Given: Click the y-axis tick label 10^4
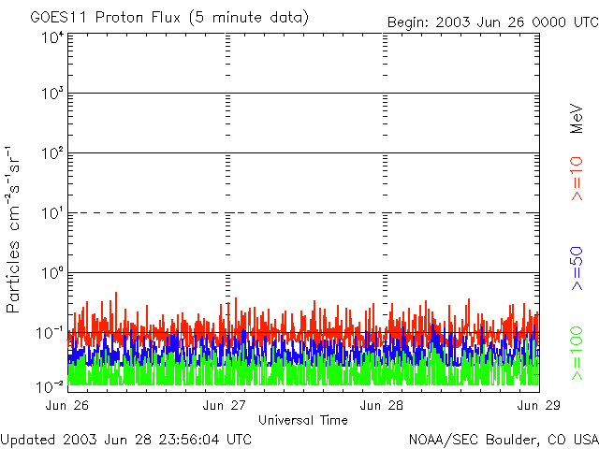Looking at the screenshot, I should click(52, 36).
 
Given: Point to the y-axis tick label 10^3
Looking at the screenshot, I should click(52, 94).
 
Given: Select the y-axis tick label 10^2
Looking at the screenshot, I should click(52, 154).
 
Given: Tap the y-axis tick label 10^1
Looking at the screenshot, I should click(52, 214).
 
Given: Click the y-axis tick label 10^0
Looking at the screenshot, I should click(52, 274).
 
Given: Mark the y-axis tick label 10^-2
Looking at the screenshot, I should click(51, 384).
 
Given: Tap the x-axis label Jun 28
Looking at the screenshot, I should click(383, 405).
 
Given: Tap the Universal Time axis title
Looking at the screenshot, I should click(303, 420).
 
